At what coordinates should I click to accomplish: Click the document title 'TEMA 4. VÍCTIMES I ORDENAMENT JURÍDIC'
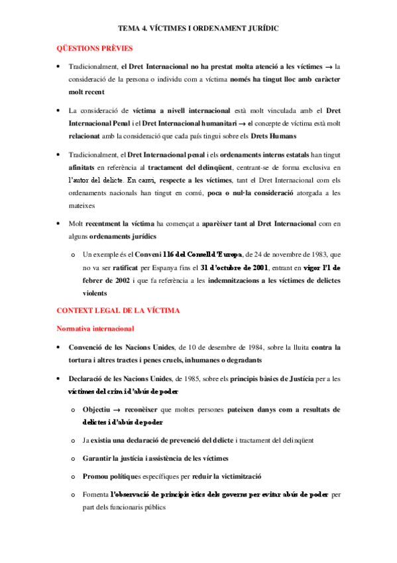point(198,29)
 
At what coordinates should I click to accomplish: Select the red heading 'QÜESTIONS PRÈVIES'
point(94,48)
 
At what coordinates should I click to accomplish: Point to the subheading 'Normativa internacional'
point(95,328)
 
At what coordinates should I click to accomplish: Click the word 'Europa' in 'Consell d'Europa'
point(228,254)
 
